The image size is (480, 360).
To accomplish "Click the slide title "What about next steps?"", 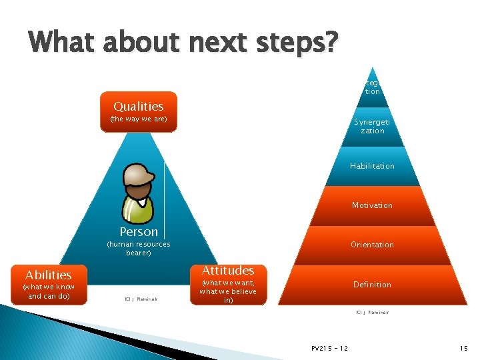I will coord(184,44).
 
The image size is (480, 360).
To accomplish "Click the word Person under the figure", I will coord(139,232).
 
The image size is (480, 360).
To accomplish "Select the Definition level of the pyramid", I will coord(372,285).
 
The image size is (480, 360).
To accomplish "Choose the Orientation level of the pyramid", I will coord(372,245).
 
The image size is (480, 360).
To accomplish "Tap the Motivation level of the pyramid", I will coord(372,205).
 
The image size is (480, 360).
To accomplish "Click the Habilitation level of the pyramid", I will coord(372,166).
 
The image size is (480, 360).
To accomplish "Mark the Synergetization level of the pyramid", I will coord(373,127).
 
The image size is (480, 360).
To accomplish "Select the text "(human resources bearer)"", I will coord(139,249).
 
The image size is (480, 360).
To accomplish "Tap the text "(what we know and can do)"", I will coord(48,291).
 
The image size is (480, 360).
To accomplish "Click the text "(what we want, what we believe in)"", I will coord(228,291).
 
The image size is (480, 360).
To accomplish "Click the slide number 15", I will coord(463,348).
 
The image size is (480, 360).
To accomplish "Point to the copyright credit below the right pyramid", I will coord(372,312).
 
